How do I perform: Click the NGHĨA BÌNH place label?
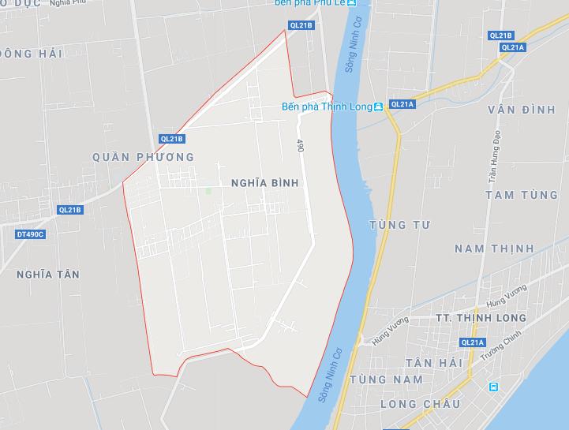[264, 182]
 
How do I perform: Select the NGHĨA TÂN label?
[47, 274]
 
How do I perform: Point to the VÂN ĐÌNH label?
[521, 110]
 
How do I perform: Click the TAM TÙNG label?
[522, 195]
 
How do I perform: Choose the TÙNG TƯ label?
[399, 226]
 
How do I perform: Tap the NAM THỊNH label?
[494, 249]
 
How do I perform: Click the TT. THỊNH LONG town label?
[481, 318]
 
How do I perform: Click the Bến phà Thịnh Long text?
[327, 107]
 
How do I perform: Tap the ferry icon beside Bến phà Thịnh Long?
[379, 107]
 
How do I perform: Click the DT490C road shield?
[31, 234]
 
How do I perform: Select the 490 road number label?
[301, 147]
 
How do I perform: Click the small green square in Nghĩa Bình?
[208, 190]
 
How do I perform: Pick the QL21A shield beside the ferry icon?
[402, 104]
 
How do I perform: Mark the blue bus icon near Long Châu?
[494, 387]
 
